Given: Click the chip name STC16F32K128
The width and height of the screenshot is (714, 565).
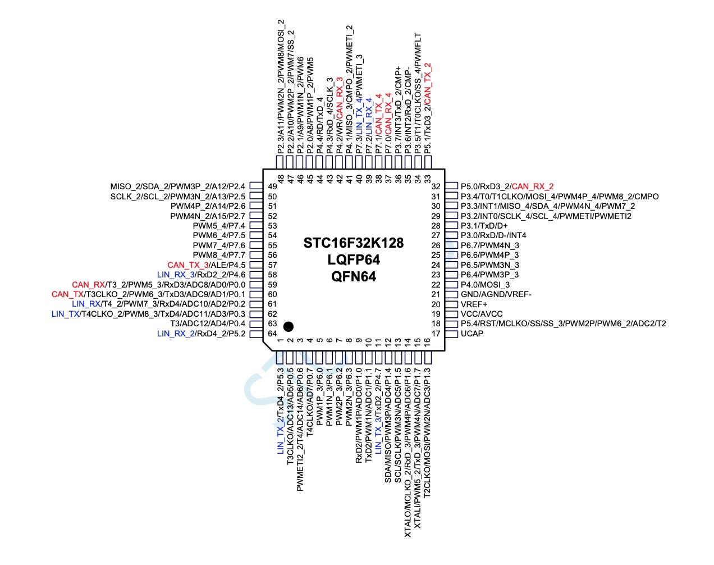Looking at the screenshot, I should tap(354, 243).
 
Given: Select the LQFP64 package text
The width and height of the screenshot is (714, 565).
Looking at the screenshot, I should tap(354, 260).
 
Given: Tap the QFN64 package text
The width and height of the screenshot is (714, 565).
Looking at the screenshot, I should tap(354, 276).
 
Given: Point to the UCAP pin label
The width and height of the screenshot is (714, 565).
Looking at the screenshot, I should tap(472, 334).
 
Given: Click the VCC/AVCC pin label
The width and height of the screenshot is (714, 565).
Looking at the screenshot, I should tap(482, 314).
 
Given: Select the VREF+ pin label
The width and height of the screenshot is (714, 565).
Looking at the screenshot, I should tap(474, 304).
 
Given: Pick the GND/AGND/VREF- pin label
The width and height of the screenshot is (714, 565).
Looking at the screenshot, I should tap(496, 294).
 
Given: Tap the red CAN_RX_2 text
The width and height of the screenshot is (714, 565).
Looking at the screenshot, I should tap(533, 186).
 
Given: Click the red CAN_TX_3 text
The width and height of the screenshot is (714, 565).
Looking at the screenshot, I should tap(188, 265).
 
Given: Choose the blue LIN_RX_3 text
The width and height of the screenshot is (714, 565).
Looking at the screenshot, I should tap(176, 275).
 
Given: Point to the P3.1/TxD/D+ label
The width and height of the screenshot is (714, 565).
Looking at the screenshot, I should tap(484, 226).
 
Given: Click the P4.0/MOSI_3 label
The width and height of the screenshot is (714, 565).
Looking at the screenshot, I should tap(486, 285).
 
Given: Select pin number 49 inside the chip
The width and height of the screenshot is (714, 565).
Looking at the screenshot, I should tap(273, 186).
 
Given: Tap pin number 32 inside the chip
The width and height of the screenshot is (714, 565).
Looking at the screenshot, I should tap(435, 186).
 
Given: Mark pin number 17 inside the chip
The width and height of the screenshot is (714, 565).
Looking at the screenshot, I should tap(435, 334).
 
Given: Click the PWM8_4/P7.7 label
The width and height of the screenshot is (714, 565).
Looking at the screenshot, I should tap(219, 255).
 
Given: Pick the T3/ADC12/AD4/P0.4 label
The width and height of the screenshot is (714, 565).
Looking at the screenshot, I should tap(207, 324).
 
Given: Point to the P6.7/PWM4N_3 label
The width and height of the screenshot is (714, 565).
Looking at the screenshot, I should tap(489, 245).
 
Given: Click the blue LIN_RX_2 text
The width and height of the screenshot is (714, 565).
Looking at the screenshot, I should tap(176, 334).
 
